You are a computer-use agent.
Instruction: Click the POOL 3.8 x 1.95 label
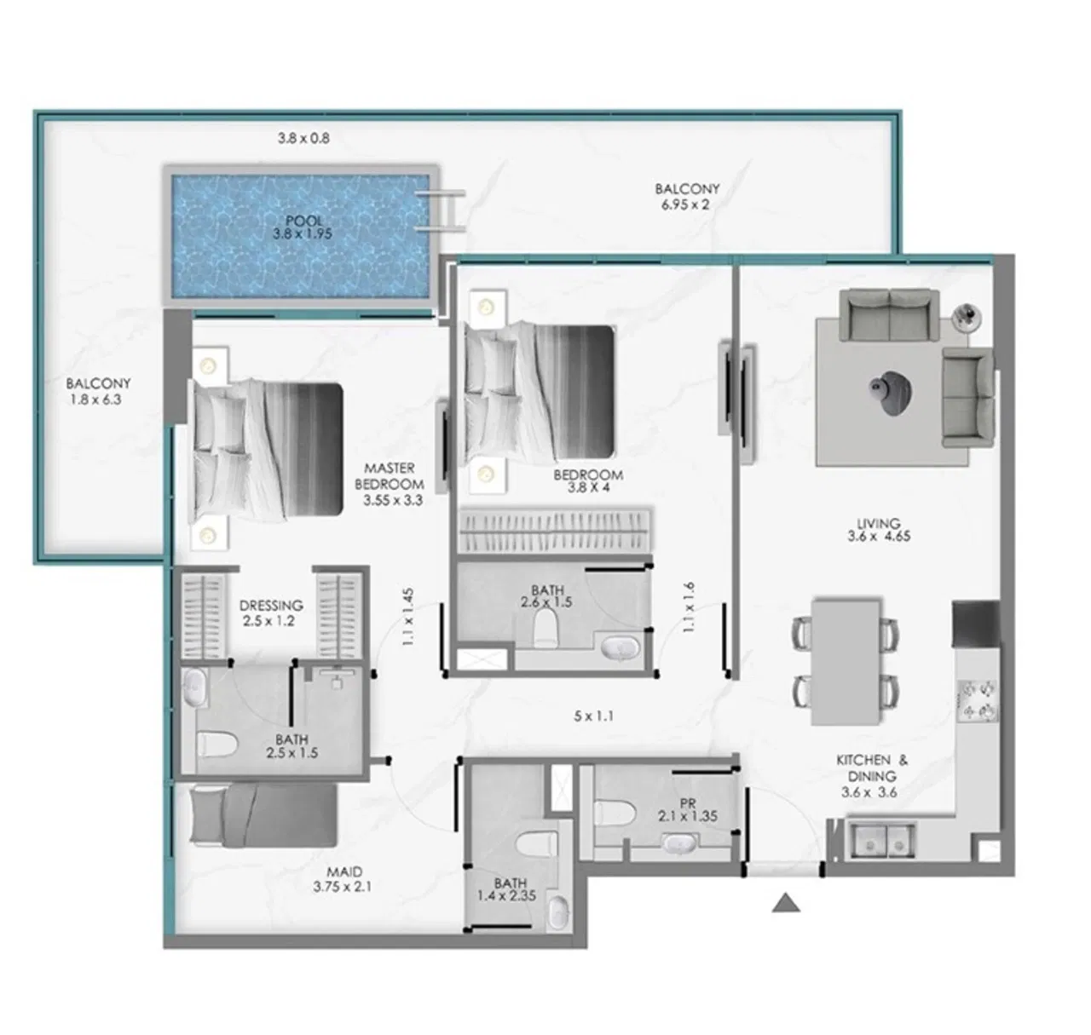(x=304, y=227)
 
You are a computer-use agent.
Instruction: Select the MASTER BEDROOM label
(x=390, y=484)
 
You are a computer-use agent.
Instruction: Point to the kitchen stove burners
(x=977, y=699)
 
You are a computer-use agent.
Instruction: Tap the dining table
(x=846, y=661)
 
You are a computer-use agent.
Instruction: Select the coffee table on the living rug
(x=892, y=394)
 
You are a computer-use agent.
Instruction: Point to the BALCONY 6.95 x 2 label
(x=687, y=196)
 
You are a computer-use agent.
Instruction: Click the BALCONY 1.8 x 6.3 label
(x=100, y=391)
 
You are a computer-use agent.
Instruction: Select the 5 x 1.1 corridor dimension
(x=593, y=716)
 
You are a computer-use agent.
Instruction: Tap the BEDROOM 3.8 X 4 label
(x=588, y=481)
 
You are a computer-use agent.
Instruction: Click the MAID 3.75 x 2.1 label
(x=344, y=878)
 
